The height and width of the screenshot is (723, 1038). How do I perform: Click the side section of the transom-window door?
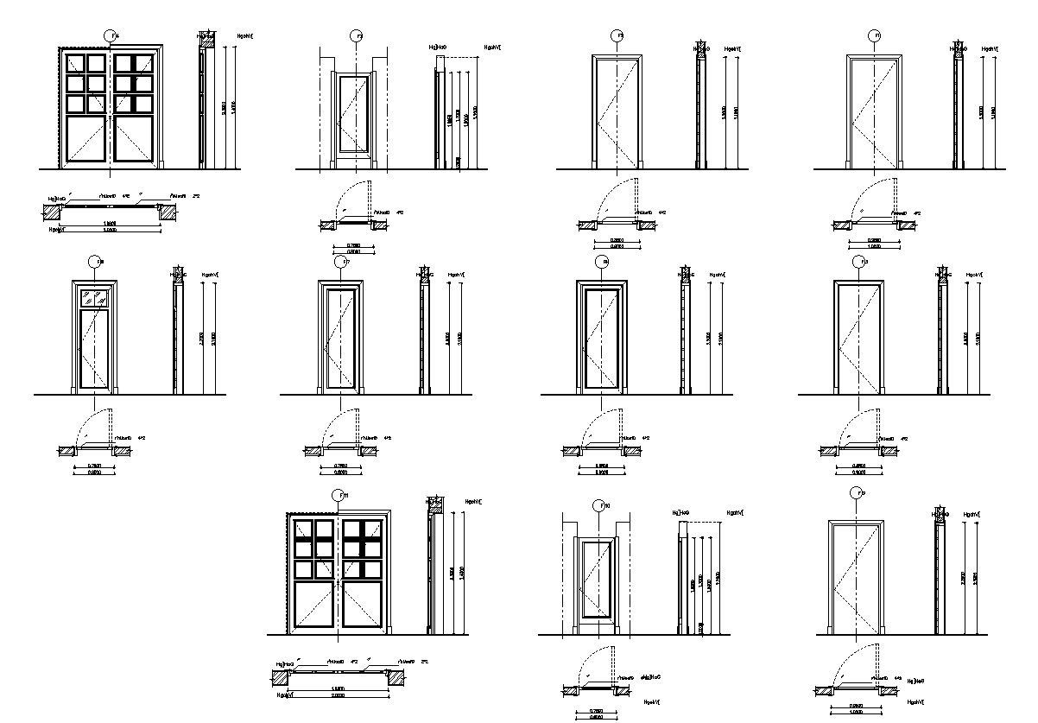point(178,337)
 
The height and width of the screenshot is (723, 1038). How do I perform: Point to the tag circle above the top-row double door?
point(111,35)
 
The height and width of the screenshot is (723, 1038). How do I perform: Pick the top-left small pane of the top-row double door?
point(74,63)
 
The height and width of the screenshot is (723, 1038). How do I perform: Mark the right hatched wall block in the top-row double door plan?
point(168,211)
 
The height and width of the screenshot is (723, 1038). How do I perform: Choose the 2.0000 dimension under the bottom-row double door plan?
point(339,695)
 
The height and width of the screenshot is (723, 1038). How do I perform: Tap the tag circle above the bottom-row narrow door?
point(597,504)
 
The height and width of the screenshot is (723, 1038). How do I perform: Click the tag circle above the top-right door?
point(874,35)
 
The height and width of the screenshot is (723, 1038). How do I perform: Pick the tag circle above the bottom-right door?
point(857,494)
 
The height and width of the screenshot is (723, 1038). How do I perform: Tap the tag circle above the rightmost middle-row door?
point(859,262)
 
